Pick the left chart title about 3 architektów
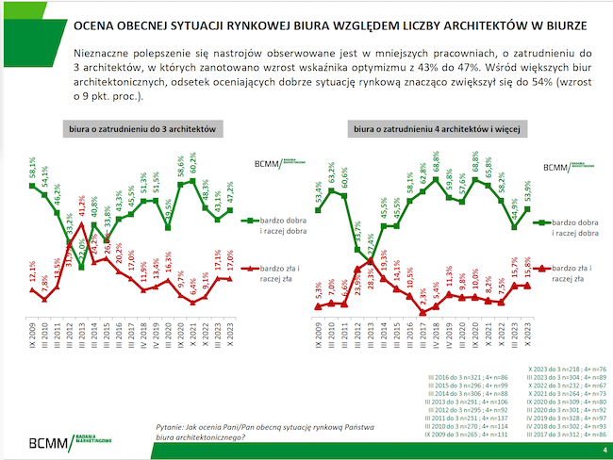[x=142, y=127]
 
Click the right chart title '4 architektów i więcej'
[x=427, y=127]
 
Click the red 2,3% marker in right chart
[x=425, y=312]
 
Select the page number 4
[x=603, y=452]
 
